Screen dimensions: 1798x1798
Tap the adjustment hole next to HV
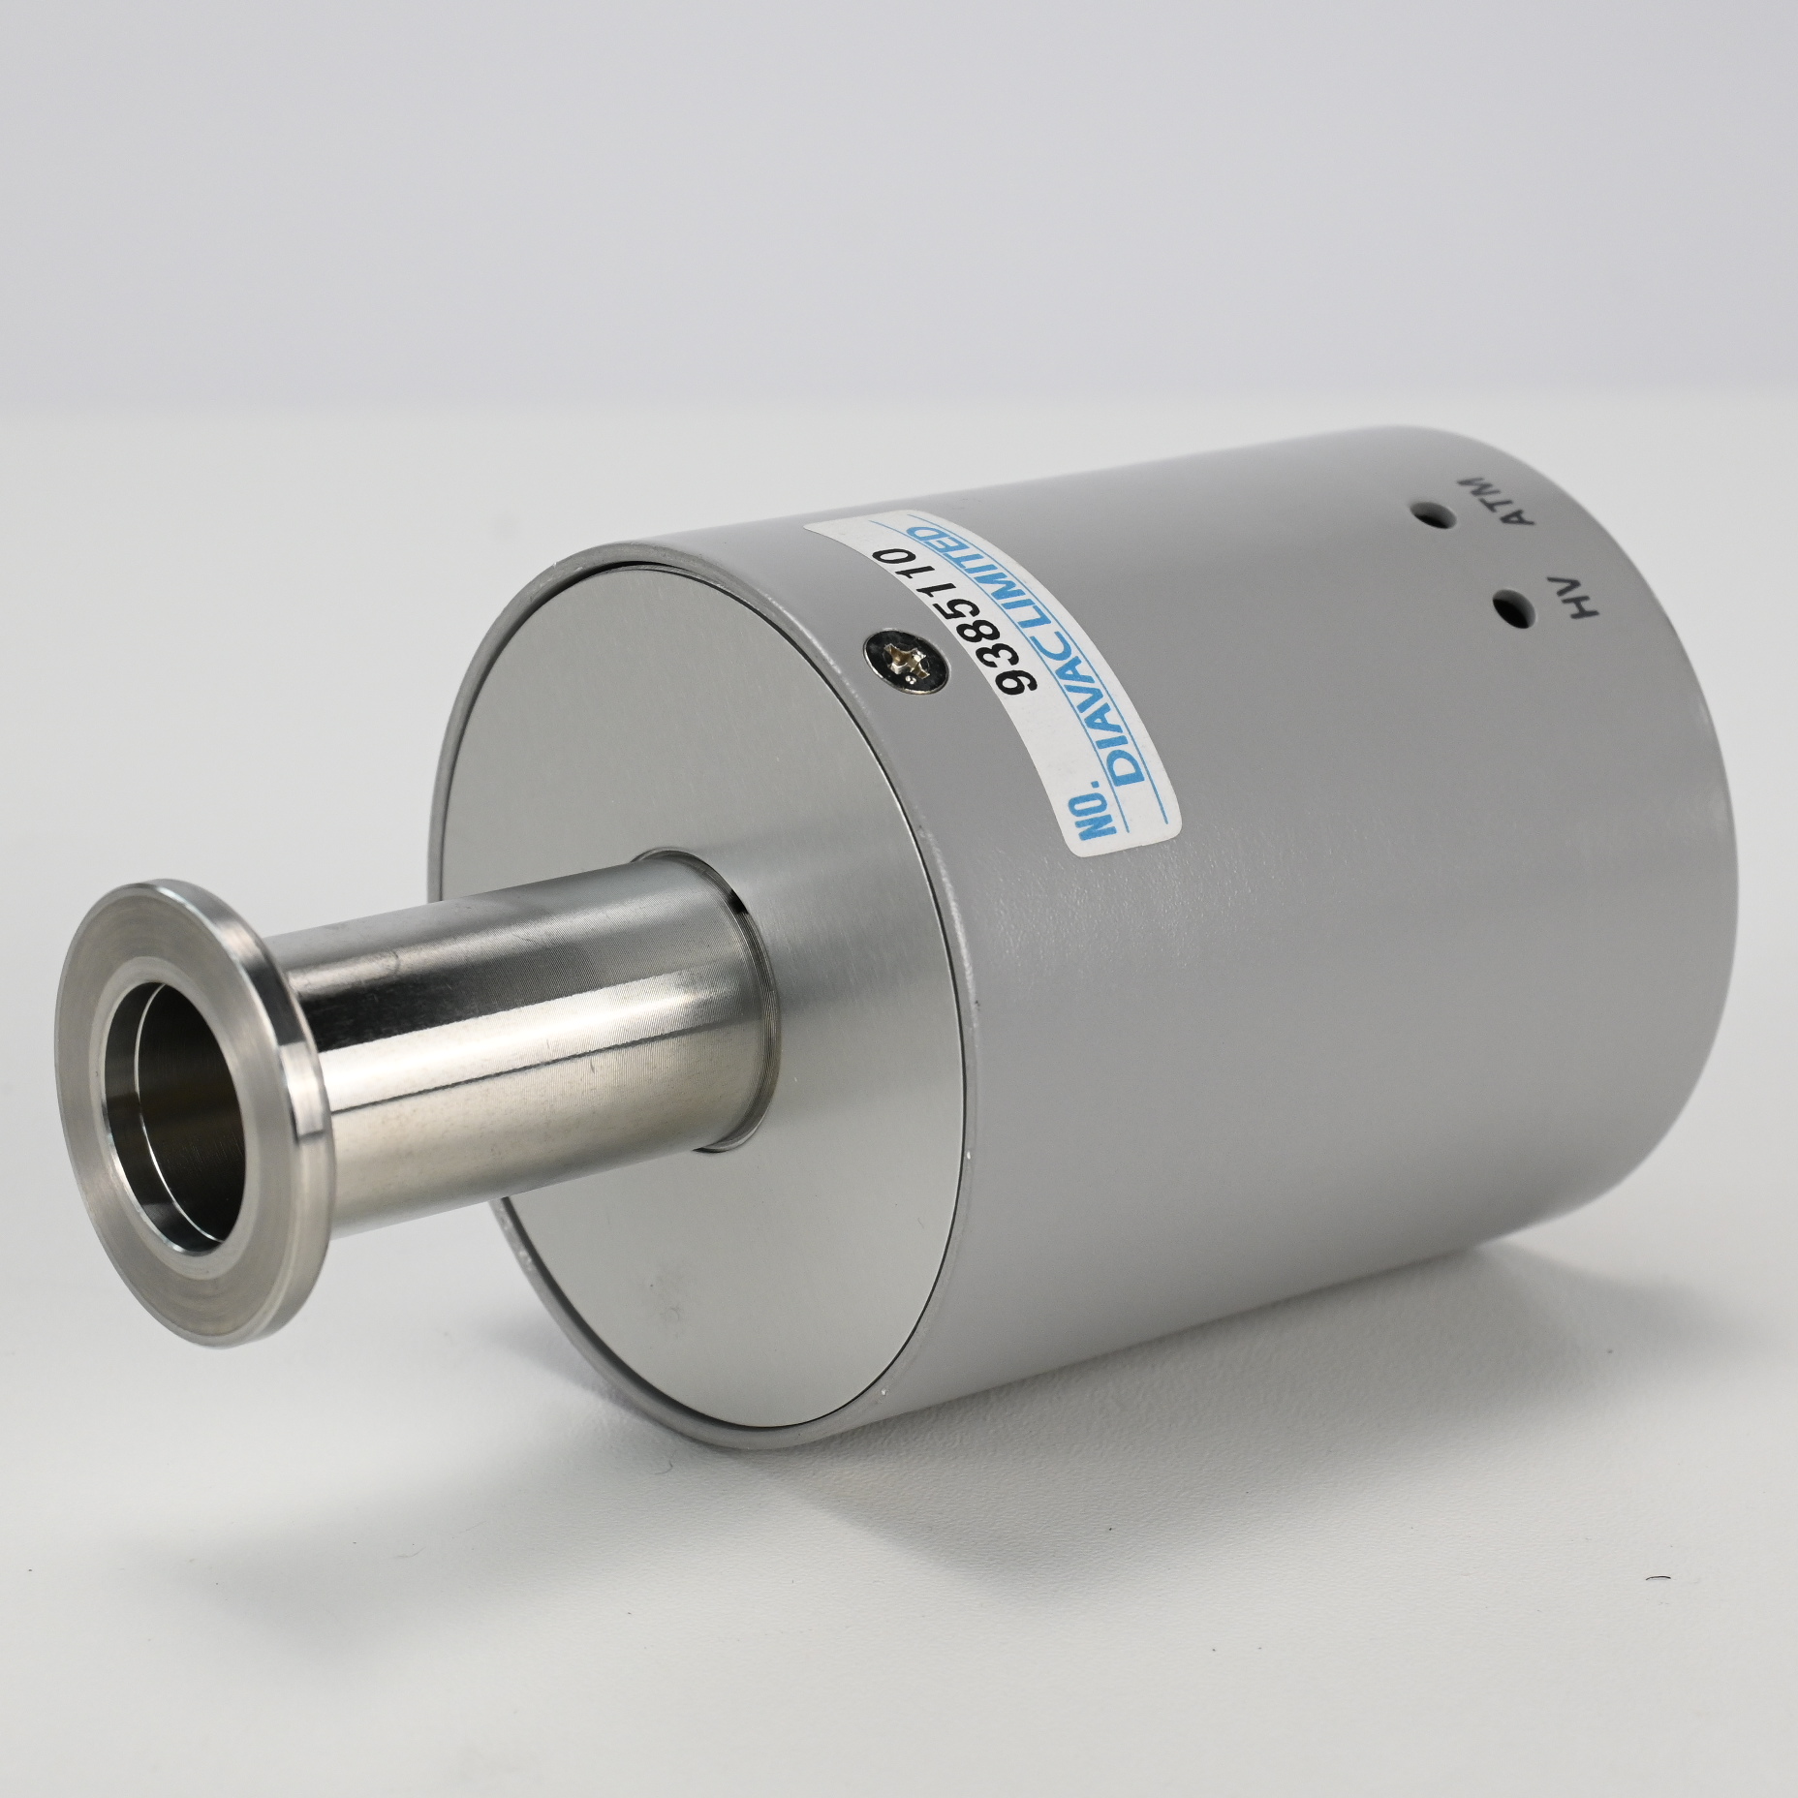1514,607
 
